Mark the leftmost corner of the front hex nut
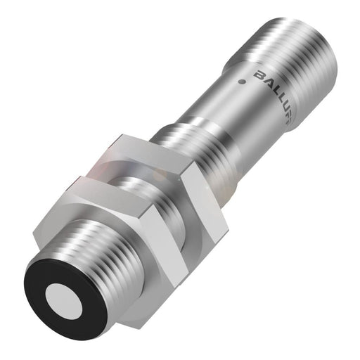69,187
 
